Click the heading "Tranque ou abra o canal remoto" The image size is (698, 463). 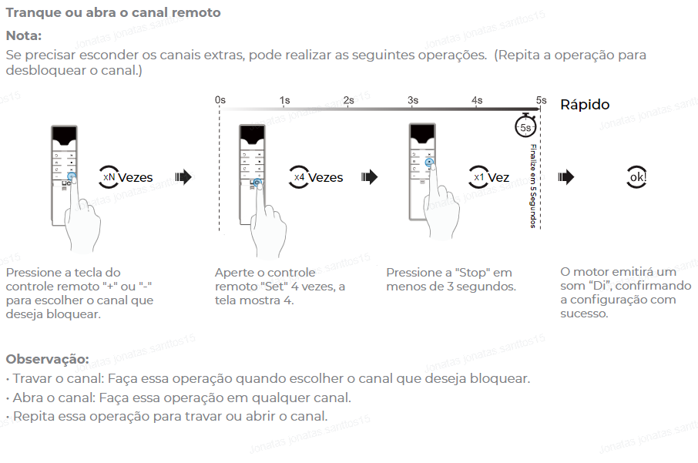(x=113, y=13)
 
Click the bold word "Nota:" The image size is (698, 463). (x=24, y=35)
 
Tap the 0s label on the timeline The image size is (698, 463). (x=220, y=100)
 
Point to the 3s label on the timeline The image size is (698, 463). (x=413, y=100)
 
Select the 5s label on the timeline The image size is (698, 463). (x=542, y=100)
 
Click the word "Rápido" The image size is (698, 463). (x=585, y=105)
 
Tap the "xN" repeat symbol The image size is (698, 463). (x=109, y=177)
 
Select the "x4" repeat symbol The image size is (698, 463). (x=299, y=177)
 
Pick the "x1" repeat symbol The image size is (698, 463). (x=478, y=177)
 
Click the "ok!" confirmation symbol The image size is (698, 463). (x=637, y=177)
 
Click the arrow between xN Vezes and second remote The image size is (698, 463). (x=183, y=177)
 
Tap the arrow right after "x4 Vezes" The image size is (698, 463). (x=370, y=177)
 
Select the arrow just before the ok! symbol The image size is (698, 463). (x=566, y=177)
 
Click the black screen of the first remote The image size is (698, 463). (x=65, y=136)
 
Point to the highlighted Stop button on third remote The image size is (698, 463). (x=429, y=163)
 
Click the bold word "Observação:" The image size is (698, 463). (x=47, y=359)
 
